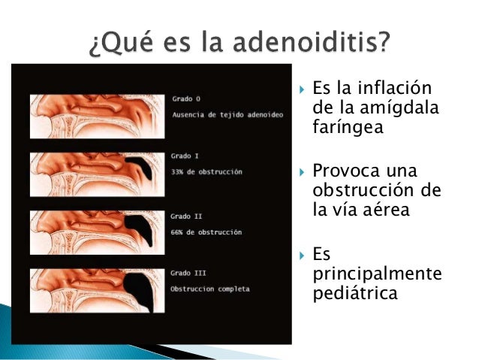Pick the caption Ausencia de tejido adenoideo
click(x=218, y=114)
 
